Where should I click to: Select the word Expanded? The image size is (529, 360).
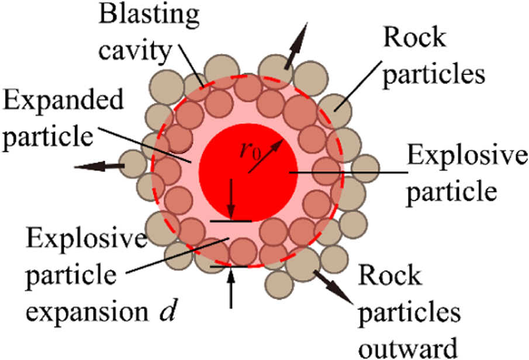pos(63,102)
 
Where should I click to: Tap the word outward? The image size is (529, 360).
pos(409,349)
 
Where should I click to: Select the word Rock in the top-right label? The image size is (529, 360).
pos(413,39)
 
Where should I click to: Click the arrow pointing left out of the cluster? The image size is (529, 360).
pos(99,168)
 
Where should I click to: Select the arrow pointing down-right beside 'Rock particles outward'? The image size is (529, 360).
pos(334,285)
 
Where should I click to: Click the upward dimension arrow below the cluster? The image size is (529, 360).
pos(231,286)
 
